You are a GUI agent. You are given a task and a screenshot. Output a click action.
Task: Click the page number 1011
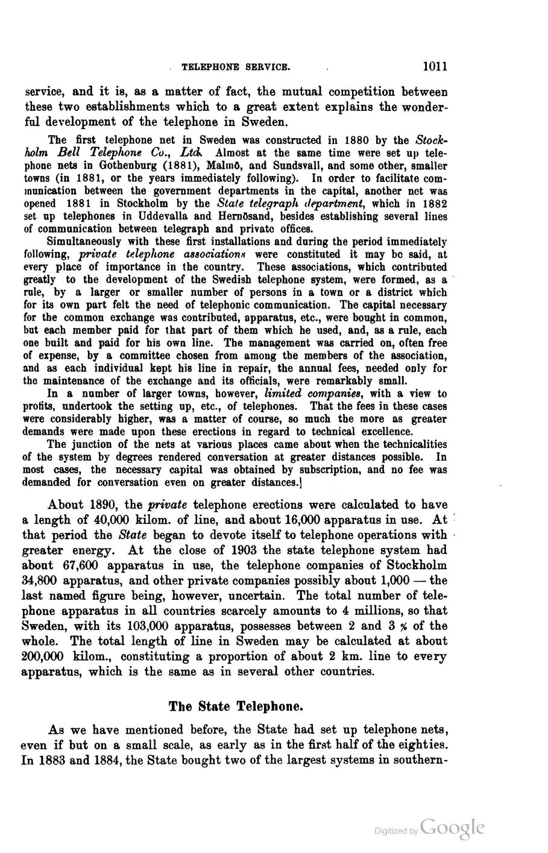(x=435, y=65)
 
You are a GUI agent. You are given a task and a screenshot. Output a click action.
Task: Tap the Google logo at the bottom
(x=453, y=826)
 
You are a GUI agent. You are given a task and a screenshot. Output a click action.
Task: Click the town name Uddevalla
(x=164, y=216)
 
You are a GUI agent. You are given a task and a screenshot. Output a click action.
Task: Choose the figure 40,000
(x=112, y=519)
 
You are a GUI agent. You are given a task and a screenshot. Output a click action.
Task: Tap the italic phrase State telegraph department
(x=282, y=203)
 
